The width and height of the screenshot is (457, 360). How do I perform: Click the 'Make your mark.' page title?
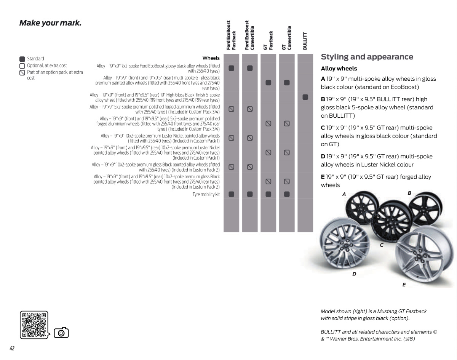50,23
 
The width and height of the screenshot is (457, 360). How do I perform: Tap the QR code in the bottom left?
34,325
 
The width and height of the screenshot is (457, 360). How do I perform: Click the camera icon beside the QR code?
61,333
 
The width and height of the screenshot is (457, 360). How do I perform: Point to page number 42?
12,349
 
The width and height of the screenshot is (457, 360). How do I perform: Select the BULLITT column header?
305,40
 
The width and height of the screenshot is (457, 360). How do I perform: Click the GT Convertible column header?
286,38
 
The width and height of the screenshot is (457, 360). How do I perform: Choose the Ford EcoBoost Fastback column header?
231,35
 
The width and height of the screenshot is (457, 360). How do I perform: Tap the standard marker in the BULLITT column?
305,97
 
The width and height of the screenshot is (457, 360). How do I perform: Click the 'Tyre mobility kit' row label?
206,195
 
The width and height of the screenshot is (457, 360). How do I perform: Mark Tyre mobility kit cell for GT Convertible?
287,194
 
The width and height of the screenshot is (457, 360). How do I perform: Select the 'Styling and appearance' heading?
367,57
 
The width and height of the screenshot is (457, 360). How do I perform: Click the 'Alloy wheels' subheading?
339,69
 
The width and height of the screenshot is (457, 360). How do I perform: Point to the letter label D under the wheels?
354,274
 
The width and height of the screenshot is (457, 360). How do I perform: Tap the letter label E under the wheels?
404,285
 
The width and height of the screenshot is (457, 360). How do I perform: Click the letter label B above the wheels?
410,193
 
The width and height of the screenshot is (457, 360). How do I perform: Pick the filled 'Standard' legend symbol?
22,59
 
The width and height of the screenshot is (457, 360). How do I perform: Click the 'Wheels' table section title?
211,58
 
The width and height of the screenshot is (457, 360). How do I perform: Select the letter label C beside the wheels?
381,245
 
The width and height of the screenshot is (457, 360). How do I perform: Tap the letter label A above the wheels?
344,194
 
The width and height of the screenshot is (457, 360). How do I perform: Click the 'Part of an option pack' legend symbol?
22,72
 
